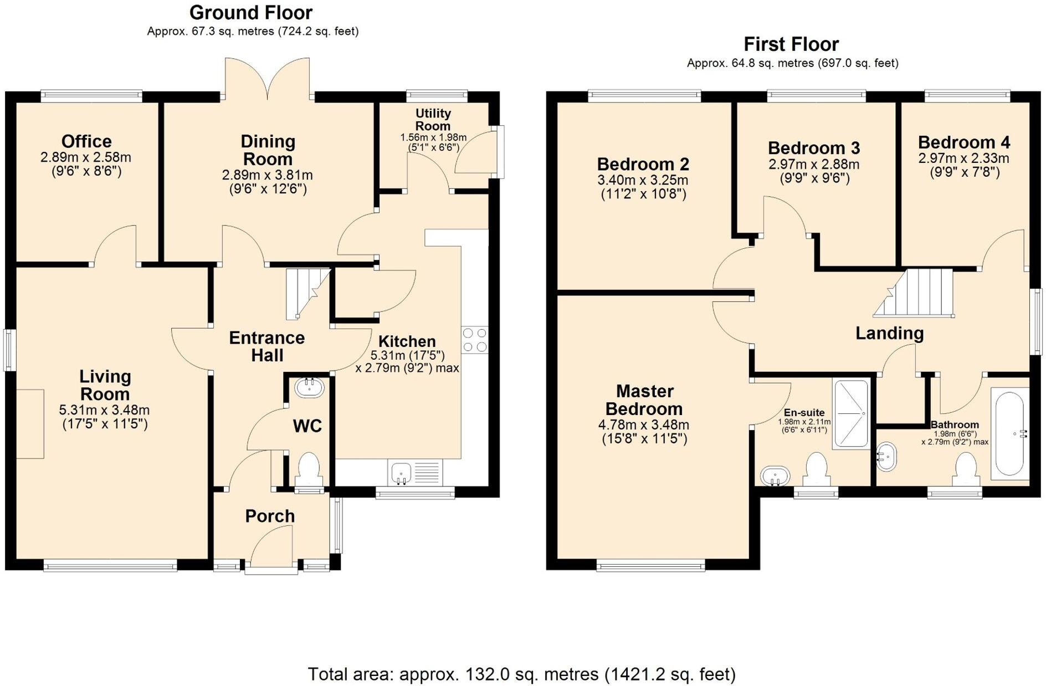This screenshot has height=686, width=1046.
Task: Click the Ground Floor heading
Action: click(251, 13)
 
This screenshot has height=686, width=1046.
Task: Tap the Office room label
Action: click(86, 141)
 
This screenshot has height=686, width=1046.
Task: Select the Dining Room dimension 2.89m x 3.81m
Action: click(268, 176)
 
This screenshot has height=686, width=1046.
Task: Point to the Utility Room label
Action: click(433, 120)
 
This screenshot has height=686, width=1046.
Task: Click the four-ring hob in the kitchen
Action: click(474, 340)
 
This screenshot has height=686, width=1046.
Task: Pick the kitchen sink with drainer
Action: click(416, 473)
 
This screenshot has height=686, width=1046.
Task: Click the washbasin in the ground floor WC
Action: click(309, 387)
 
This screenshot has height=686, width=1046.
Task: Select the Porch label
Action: click(270, 516)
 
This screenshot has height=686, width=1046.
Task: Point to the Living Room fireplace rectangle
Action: click(30, 423)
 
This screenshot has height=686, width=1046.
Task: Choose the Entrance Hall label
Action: click(267, 346)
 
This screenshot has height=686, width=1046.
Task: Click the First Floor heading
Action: click(791, 44)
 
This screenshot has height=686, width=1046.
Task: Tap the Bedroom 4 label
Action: click(963, 142)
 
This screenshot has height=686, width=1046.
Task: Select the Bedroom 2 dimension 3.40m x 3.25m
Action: click(643, 180)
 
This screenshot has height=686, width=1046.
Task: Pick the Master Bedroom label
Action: click(644, 400)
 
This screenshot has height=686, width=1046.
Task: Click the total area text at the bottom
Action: click(521, 674)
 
